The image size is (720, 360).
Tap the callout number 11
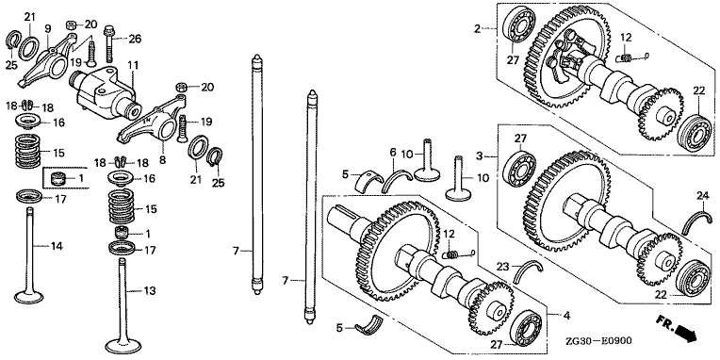133,66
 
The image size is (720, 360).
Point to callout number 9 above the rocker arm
48,28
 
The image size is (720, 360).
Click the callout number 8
163,161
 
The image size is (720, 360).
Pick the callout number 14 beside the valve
56,246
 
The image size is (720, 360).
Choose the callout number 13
150,290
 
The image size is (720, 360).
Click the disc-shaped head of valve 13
123,344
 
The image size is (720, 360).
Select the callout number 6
393,152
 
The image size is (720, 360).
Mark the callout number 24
702,197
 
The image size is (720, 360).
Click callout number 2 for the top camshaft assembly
477,29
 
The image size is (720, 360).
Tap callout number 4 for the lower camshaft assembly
566,316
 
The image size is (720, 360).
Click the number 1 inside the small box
81,178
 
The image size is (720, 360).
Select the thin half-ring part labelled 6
396,179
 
